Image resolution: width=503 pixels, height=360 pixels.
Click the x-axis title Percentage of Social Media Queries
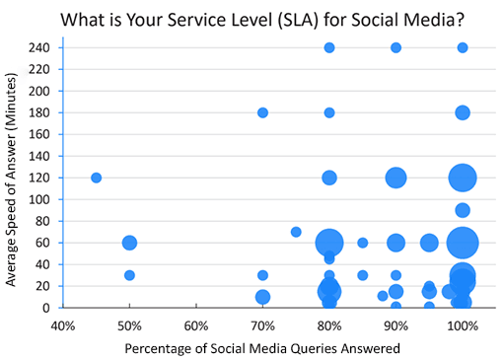coord(261,347)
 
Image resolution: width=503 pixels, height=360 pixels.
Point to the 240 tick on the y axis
coord(42,47)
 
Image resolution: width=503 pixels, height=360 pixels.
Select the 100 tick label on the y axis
coord(42,199)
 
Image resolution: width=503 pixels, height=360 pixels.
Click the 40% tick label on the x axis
coord(62,325)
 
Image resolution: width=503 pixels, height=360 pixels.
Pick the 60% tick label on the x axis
coord(195,325)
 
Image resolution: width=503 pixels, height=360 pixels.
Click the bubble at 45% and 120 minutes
coord(96,178)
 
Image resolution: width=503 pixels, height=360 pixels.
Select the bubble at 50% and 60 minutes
coord(129,243)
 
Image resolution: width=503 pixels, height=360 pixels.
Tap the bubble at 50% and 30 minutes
coord(129,275)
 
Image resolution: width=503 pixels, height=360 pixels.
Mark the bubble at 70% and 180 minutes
coord(262,112)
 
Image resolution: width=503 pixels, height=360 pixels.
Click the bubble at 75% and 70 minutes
coord(296,232)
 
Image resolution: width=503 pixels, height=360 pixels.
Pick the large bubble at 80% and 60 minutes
coord(329,243)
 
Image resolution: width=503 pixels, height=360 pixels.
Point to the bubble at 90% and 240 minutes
coord(395,47)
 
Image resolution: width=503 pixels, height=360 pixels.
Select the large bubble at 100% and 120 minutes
coord(463,178)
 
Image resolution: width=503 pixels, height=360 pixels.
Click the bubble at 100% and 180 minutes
coord(463,112)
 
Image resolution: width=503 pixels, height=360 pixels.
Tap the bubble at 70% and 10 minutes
coord(262,297)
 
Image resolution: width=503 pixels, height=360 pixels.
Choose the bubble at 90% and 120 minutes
coord(395,178)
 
